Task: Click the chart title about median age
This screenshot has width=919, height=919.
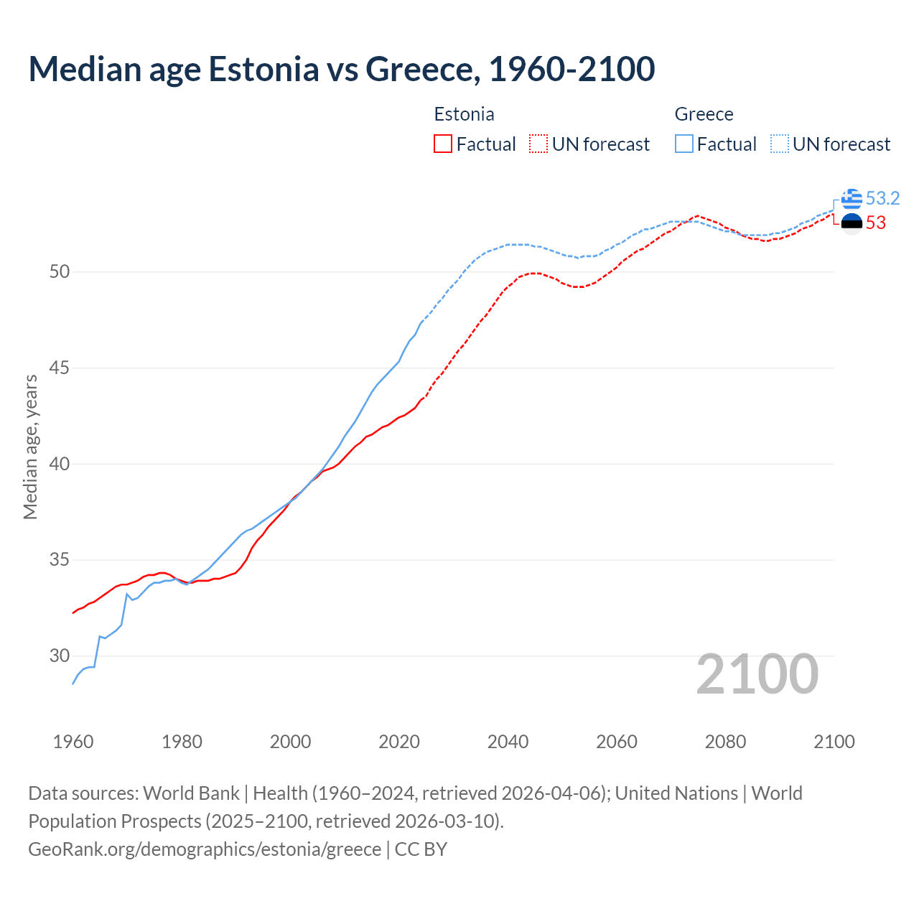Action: pos(341,70)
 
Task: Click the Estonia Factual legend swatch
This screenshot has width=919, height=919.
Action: pos(443,144)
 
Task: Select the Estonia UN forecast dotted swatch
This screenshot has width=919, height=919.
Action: pos(538,144)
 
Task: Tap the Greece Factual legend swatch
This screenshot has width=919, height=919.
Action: pos(684,144)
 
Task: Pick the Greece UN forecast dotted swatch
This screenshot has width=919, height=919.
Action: pos(780,144)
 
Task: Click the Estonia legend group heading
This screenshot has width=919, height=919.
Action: pos(464,114)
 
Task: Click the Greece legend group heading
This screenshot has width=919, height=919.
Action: pos(704,114)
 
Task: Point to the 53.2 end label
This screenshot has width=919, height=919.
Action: pos(882,198)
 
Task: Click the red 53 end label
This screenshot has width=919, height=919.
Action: pos(875,223)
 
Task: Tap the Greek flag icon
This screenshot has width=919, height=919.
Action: pos(852,199)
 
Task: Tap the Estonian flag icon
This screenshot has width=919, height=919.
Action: pos(852,223)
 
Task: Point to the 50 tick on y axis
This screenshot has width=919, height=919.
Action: pos(60,271)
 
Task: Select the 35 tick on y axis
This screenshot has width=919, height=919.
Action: pos(60,559)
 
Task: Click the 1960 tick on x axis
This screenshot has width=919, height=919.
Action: pos(73,742)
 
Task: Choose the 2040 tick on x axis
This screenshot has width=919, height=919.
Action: pos(508,742)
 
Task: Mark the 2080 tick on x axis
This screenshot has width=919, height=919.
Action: pos(725,742)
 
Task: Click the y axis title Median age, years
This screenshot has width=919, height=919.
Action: pos(30,447)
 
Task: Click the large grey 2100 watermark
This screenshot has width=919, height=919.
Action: pos(757,673)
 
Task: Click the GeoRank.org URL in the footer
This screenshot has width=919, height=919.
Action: pos(205,849)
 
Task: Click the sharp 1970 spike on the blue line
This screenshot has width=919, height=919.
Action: pos(127,594)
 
